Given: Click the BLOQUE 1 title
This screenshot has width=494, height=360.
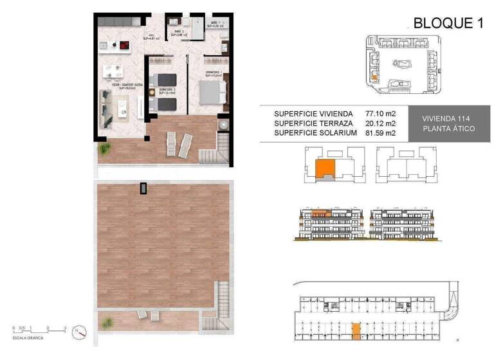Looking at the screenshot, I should [448, 24].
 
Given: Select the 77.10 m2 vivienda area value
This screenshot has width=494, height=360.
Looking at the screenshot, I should [380, 113].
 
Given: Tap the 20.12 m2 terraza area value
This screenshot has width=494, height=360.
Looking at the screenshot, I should [380, 123].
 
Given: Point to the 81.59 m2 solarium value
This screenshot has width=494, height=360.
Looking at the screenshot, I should [380, 132].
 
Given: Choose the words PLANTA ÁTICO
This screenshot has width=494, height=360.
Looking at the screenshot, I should [448, 129].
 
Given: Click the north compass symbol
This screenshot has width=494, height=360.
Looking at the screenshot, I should [79, 332].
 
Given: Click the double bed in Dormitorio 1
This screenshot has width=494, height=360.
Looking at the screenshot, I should [212, 94].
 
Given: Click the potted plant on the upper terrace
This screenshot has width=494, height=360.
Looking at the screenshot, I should [104, 149].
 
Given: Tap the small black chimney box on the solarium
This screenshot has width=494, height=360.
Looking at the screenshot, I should [144, 188].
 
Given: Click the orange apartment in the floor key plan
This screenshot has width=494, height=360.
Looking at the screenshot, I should [324, 170].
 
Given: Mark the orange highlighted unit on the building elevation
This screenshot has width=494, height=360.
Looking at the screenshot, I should [320, 213].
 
